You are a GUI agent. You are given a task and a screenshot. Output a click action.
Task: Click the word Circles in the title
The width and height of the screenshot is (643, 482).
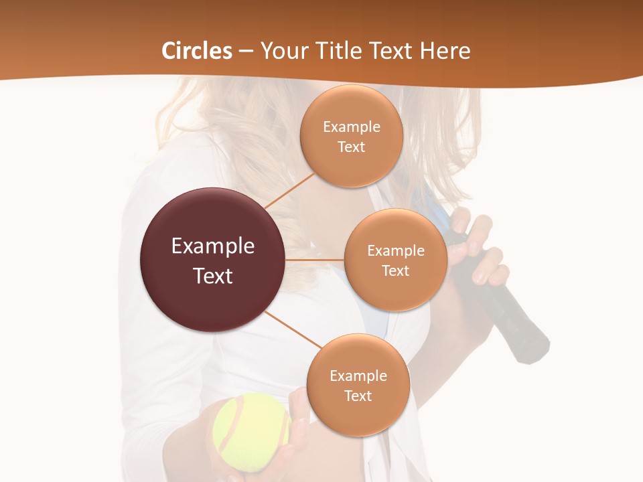pyautogui.click(x=197, y=51)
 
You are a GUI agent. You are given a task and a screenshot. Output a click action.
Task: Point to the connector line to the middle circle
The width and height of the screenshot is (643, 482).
pyautogui.click(x=315, y=259)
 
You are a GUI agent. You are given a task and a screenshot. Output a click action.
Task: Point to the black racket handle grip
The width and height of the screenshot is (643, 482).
pyautogui.click(x=516, y=321)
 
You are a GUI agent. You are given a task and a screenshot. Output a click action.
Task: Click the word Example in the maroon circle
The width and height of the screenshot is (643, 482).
pyautogui.click(x=213, y=246)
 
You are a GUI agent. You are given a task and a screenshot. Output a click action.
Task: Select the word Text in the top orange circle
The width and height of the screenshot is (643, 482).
pyautogui.click(x=351, y=147)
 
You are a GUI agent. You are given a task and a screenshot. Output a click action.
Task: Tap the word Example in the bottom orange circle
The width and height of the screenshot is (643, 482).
pyautogui.click(x=358, y=376)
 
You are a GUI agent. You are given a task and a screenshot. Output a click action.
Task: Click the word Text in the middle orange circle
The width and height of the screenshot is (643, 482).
pyautogui.click(x=395, y=271)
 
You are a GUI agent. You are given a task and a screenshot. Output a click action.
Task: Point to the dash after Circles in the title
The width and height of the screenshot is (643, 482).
pyautogui.click(x=246, y=52)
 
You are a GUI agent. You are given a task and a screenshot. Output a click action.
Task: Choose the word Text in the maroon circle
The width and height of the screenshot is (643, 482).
pyautogui.click(x=213, y=276)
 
